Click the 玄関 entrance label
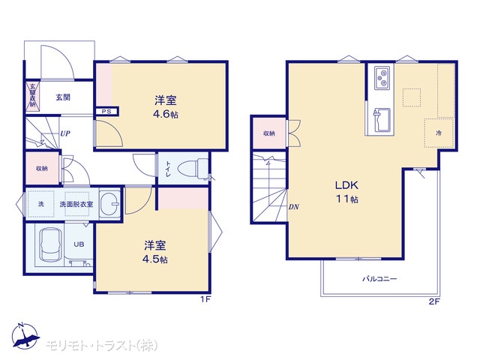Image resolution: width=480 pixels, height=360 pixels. [63, 97]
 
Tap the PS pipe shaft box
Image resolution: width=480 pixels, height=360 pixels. [106, 112]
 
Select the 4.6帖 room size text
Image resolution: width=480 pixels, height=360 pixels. [165, 115]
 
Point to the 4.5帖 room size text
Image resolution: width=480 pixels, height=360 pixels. [155, 259]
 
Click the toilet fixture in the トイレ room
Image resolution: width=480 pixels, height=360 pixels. [193, 169]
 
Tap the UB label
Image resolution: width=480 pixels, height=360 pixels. [79, 244]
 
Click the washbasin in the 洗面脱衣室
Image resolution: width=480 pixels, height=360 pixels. [110, 203]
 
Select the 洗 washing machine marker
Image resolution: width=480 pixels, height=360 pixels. [41, 204]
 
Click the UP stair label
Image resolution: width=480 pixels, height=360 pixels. [65, 133]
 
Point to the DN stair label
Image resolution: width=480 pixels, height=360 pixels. [293, 207]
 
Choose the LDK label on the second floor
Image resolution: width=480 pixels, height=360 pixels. [346, 185]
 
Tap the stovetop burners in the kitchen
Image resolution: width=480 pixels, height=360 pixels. [382, 78]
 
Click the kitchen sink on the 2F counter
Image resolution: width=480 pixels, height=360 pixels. [382, 120]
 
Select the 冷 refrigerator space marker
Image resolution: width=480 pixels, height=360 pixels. [439, 133]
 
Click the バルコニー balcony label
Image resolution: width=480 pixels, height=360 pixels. [379, 279]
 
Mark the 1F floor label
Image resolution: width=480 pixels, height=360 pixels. [205, 299]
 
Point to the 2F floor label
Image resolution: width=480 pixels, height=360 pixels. [434, 301]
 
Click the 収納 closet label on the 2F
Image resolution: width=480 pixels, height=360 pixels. [269, 133]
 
